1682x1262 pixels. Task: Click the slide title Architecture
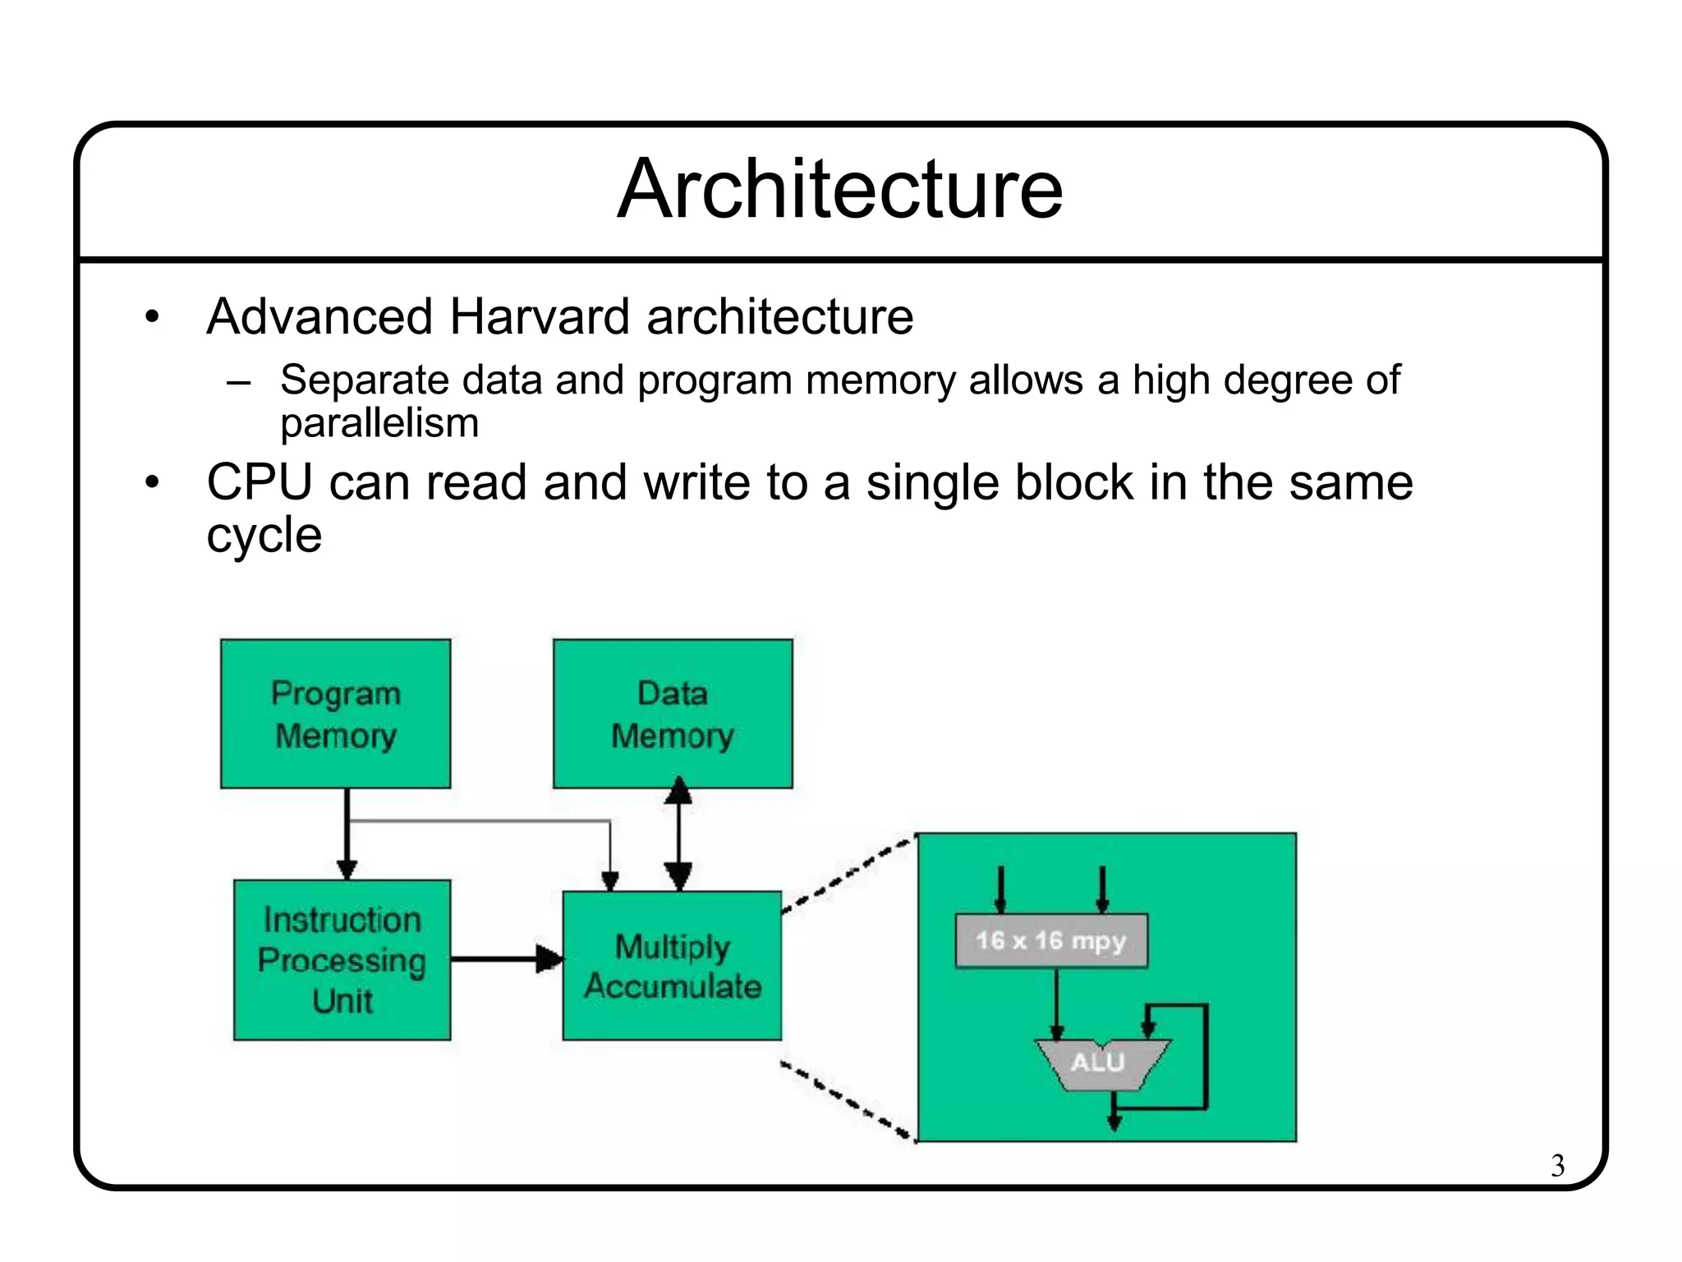point(839,190)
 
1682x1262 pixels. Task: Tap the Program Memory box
point(335,713)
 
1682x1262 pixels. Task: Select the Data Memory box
point(672,713)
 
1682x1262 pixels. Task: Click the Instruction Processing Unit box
point(342,960)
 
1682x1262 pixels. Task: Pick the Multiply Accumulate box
point(672,965)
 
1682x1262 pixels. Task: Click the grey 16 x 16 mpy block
point(1050,941)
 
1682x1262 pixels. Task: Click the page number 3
point(1557,1165)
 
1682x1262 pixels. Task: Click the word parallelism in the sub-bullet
point(379,423)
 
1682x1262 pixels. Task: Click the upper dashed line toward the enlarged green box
point(846,876)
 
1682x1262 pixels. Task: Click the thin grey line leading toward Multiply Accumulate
point(493,820)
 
